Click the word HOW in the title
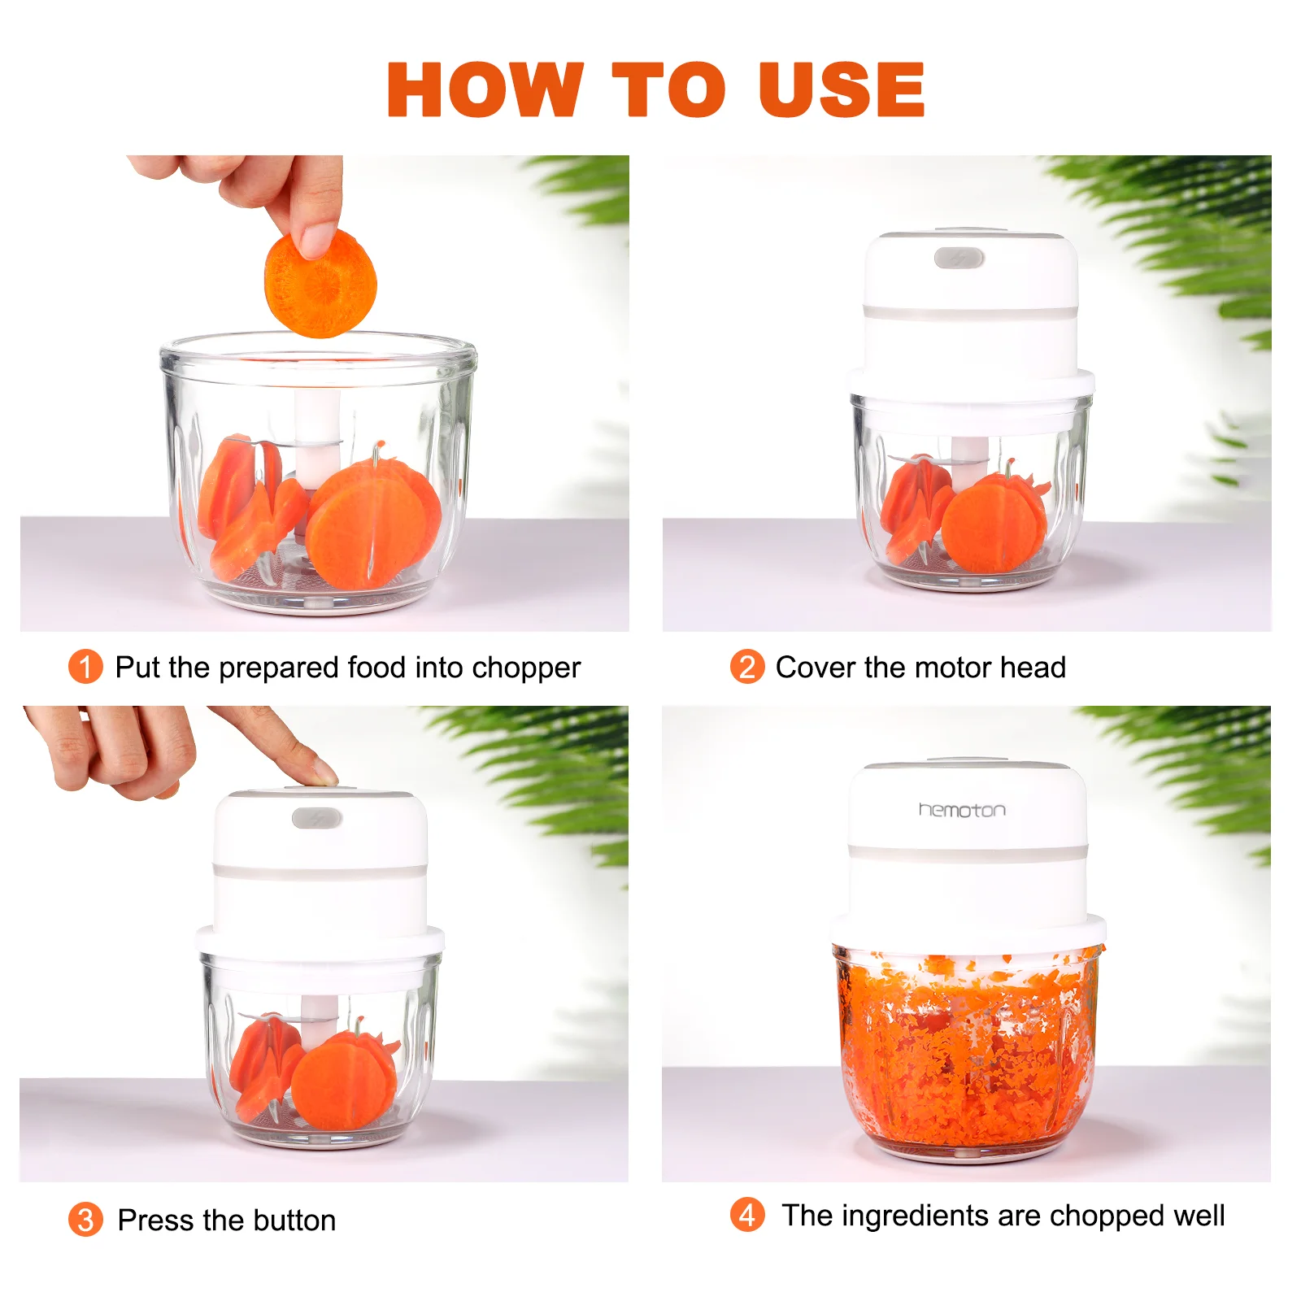click(x=485, y=89)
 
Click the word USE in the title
click(x=841, y=89)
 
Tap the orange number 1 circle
click(x=85, y=667)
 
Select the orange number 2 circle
click(x=746, y=667)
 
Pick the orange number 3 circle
click(x=85, y=1220)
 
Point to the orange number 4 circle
click(x=747, y=1215)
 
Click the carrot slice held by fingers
click(x=320, y=283)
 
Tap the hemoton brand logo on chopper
click(x=962, y=810)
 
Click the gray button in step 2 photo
click(x=959, y=259)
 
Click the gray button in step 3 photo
click(x=317, y=818)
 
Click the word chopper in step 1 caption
click(x=526, y=668)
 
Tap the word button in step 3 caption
click(x=294, y=1221)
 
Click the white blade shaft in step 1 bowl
click(x=317, y=439)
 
